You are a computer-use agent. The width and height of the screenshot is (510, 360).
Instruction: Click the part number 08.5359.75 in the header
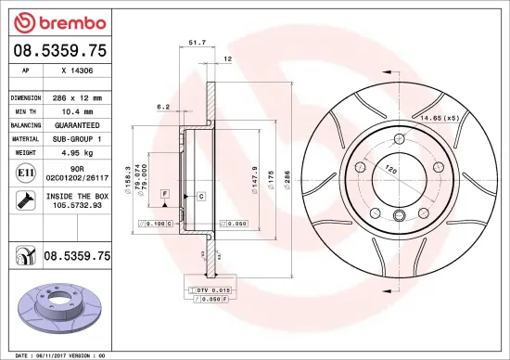[x=58, y=51]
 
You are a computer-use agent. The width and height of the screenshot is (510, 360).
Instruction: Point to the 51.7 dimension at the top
[x=196, y=42]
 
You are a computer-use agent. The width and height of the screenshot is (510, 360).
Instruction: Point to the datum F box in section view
[x=164, y=192]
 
